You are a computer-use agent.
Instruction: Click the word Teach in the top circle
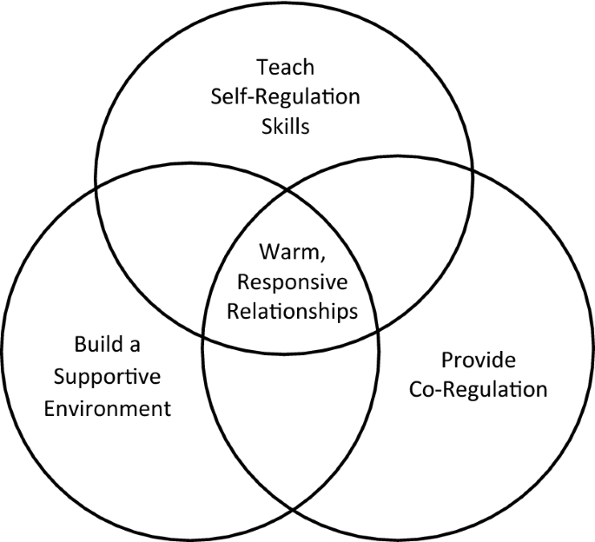coord(284,66)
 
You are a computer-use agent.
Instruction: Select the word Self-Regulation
coord(284,96)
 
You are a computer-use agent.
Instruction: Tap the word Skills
coord(285,126)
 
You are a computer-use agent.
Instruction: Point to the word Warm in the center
coord(284,253)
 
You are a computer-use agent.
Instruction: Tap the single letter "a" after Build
coord(136,346)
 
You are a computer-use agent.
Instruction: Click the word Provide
coord(478,359)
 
